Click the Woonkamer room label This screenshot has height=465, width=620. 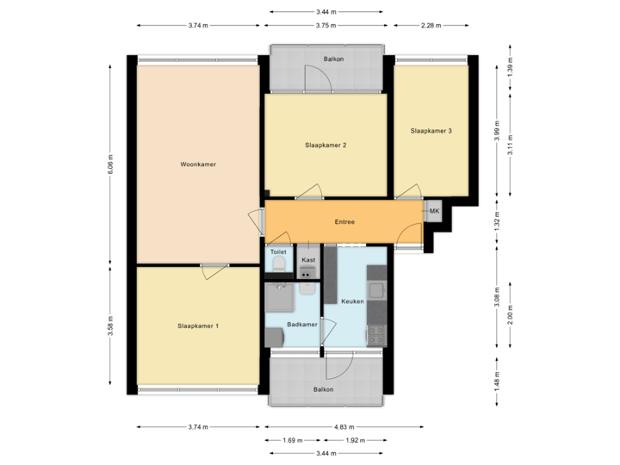198,164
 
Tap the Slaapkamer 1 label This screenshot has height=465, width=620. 198,325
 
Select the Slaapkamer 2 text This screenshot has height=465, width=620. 325,146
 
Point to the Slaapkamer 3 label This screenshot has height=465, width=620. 431,131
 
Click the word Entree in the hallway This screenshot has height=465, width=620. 344,222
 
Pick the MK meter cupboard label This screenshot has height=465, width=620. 434,211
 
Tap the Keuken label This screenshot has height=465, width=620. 352,301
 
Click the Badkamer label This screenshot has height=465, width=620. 301,325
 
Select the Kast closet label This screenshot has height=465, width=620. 308,259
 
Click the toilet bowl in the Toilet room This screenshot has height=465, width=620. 277,266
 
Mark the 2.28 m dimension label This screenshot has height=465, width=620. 430,26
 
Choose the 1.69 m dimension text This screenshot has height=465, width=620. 292,440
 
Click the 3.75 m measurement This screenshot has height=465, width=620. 325,26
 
